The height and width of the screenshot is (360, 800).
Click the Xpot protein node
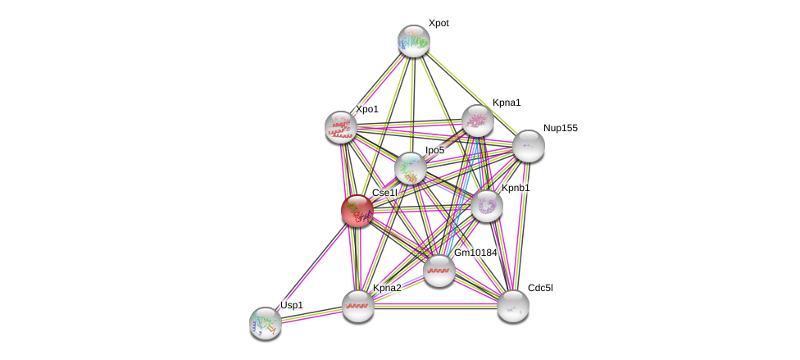click(x=414, y=41)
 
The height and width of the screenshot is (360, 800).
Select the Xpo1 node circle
click(x=340, y=127)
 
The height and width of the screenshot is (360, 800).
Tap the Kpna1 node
click(x=477, y=121)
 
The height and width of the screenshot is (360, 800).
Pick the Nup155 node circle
click(x=529, y=146)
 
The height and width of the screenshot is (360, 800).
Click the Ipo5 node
click(x=410, y=168)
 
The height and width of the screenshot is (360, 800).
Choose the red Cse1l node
click(x=357, y=211)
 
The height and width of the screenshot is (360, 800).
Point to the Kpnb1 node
click(x=486, y=205)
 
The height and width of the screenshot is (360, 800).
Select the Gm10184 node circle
click(x=439, y=271)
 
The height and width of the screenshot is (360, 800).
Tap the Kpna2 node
click(x=358, y=306)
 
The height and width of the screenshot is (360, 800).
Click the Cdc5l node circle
click(x=512, y=306)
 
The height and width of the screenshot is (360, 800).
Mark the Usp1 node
click(x=266, y=322)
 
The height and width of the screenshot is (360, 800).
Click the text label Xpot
click(x=439, y=23)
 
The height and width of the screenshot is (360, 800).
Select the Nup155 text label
click(x=560, y=128)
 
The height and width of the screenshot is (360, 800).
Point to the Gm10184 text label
click(x=475, y=253)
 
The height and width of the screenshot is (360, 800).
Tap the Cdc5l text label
click(x=540, y=288)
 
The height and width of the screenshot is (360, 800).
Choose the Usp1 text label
click(x=292, y=305)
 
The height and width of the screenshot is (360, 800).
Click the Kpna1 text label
click(x=507, y=103)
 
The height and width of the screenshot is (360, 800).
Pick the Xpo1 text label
click(x=366, y=109)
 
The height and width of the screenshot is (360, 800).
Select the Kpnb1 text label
click(x=516, y=188)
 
